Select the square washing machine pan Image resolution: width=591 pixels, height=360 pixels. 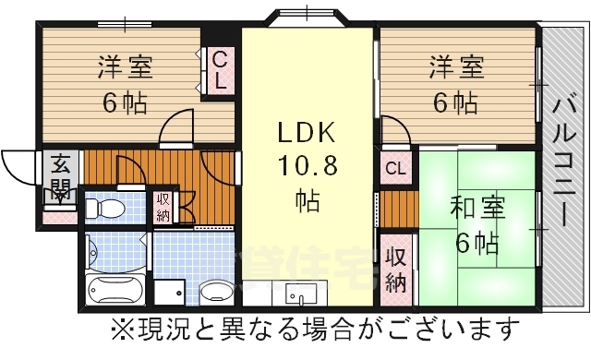click(168, 294)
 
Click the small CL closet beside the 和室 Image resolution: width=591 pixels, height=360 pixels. click(394, 168)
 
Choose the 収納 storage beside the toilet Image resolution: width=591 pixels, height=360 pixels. click(163, 208)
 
